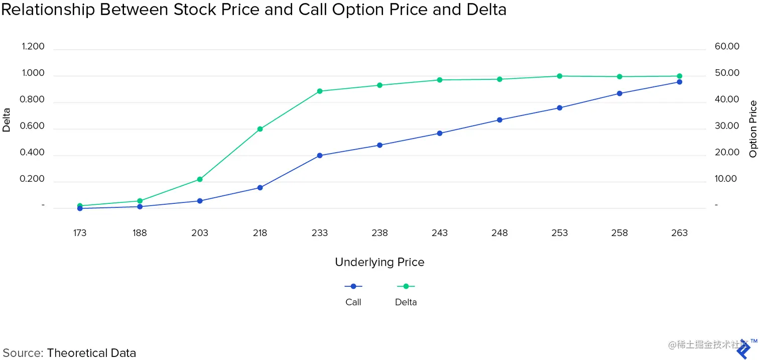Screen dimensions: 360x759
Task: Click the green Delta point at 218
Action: pos(260,129)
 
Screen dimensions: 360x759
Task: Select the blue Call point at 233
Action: pos(320,156)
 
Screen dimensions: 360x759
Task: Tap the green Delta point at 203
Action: pos(200,179)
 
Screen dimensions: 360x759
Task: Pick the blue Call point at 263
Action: pos(680,82)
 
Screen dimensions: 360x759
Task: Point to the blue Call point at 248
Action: pos(499,120)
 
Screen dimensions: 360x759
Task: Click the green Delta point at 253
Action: pos(560,76)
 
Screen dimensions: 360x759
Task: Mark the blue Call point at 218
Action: pos(260,188)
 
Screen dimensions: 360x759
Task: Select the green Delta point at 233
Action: pos(320,91)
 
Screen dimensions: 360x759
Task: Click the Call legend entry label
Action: pos(353,302)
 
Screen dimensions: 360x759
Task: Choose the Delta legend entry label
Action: pos(406,302)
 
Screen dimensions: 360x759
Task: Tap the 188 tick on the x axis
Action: pos(140,233)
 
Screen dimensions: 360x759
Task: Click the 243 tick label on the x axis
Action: pos(440,233)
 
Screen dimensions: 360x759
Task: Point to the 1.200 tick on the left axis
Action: pos(33,47)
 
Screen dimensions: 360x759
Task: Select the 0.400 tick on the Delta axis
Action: pos(33,153)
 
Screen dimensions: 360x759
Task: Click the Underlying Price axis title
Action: pos(379,262)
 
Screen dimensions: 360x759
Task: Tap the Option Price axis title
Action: pos(753,129)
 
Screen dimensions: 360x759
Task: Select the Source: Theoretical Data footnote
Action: pos(69,353)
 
